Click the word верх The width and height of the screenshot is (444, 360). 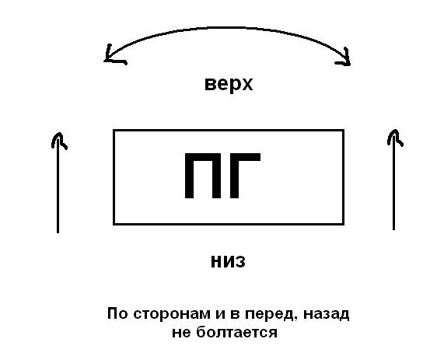click(229, 84)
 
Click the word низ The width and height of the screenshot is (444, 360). click(229, 261)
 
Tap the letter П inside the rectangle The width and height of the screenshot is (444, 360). click(202, 176)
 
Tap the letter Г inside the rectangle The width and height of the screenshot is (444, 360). click(245, 176)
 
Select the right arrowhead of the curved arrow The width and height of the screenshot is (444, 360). click(344, 58)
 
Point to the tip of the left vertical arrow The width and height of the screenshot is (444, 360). click(58, 132)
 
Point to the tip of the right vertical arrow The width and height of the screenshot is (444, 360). click(394, 130)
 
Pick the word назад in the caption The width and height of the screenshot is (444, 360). click(327, 314)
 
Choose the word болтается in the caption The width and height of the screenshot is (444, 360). click(236, 332)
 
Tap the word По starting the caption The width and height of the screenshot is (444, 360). click(117, 313)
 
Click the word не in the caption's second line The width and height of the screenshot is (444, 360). click(181, 334)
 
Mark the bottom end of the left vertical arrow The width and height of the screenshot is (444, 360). click(58, 232)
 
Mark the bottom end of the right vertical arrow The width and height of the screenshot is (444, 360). click(394, 229)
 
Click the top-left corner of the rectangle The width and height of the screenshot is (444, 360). click(114, 131)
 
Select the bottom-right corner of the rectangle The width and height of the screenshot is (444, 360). click(344, 225)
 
